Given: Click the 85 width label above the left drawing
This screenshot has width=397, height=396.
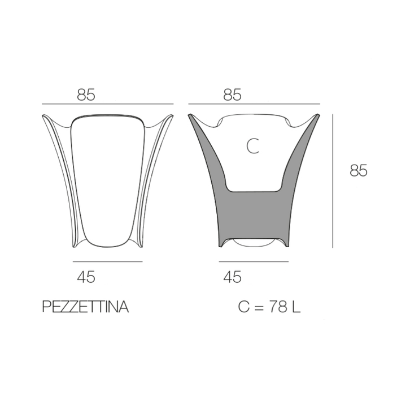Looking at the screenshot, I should click(x=86, y=95).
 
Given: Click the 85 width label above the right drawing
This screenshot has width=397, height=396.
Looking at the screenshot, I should click(x=232, y=95).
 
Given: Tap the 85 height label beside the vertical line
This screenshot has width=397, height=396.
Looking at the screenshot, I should click(x=358, y=170).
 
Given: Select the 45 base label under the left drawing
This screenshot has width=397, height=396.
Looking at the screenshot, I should click(x=86, y=277).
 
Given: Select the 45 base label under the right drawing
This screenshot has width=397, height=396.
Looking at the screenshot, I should click(x=232, y=277).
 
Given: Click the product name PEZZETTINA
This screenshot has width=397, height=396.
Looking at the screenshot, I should click(x=85, y=307).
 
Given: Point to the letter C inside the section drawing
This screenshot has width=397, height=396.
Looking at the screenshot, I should click(x=252, y=147).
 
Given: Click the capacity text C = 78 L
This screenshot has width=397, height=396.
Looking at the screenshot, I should click(x=269, y=307).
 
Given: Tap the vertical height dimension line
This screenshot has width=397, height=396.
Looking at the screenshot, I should click(x=333, y=181).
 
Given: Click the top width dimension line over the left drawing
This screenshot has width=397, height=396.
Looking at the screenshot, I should click(x=108, y=104).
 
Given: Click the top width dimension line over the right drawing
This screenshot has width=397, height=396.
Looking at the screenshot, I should click(x=254, y=104).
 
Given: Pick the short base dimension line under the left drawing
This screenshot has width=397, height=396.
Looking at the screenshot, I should click(x=108, y=261).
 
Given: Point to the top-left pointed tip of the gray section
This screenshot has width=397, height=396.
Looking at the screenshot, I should click(x=190, y=115).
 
